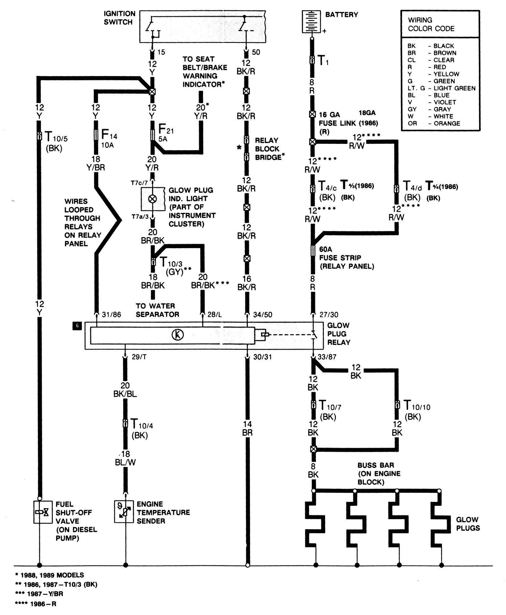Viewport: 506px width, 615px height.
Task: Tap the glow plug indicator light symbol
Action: [152, 199]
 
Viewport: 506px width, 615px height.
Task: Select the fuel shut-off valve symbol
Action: [43, 512]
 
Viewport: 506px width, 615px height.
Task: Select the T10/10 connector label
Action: [417, 410]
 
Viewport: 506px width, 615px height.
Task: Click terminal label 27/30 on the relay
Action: [329, 315]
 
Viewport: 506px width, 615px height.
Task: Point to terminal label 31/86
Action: [112, 315]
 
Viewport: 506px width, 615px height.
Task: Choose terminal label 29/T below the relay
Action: [139, 357]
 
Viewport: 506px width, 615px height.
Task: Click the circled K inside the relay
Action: [177, 335]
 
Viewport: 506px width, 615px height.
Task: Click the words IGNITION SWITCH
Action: [120, 18]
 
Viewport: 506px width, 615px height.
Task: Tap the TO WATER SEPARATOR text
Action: [157, 310]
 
